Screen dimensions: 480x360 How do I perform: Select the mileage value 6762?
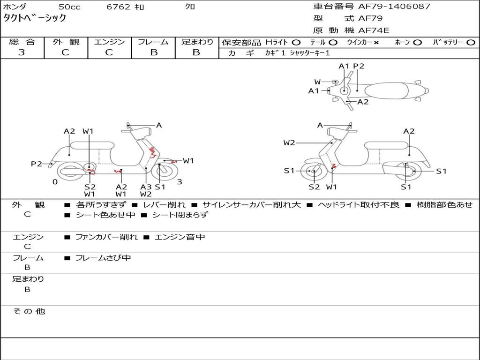coord(119,7)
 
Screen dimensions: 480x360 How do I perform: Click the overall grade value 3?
coord(22,52)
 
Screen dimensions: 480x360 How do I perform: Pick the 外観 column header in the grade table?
coord(66,42)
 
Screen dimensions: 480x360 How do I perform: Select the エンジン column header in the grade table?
coord(109,42)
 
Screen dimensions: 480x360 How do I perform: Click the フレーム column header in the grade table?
coord(153,42)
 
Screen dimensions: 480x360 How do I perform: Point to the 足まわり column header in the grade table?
coord(197,42)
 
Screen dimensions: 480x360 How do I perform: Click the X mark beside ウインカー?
coord(376,43)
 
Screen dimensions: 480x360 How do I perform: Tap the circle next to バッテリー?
coord(470,43)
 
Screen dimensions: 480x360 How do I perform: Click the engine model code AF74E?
coord(374,30)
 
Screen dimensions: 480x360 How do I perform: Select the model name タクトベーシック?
coord(35,18)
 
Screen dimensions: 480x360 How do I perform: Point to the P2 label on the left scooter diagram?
coord(36,164)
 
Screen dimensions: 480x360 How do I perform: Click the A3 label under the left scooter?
coord(146,187)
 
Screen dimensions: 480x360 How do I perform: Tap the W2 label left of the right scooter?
coord(289,142)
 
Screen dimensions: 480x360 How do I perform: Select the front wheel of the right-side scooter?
coord(313,172)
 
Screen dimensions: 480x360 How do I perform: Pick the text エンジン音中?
coord(180,237)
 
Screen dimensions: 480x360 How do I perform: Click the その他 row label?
coord(29,311)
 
